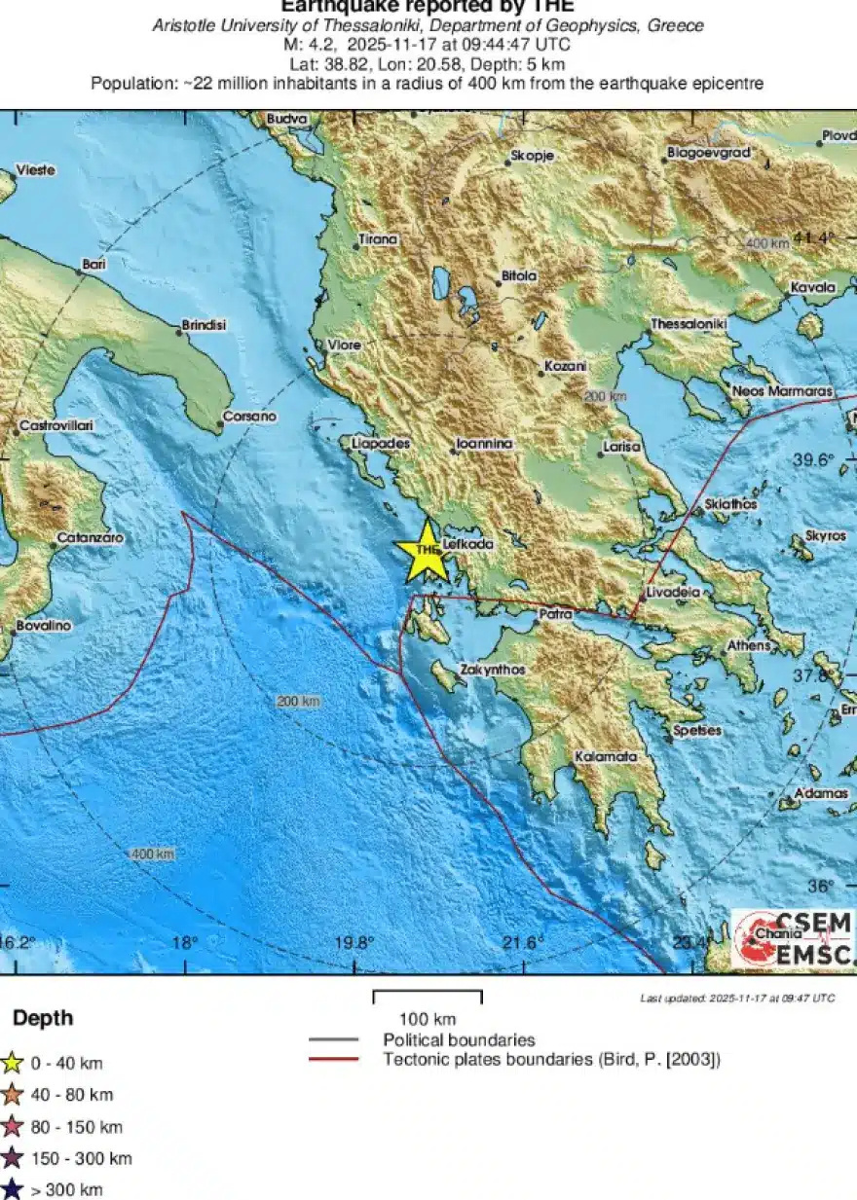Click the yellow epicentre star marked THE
tap(427, 552)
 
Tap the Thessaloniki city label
tap(689, 324)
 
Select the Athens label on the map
tap(748, 645)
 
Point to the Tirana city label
tap(378, 239)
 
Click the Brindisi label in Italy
tap(204, 325)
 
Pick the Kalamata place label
tap(605, 756)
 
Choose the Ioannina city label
tap(484, 444)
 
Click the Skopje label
tap(532, 156)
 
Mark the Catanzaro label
tap(90, 537)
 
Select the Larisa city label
tap(621, 447)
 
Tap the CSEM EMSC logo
tap(792, 939)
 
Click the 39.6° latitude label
tap(813, 460)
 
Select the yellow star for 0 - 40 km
tap(12, 1063)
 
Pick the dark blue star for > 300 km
tap(12, 1189)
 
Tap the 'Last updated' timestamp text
tap(736, 999)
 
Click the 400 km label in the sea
tap(153, 854)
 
